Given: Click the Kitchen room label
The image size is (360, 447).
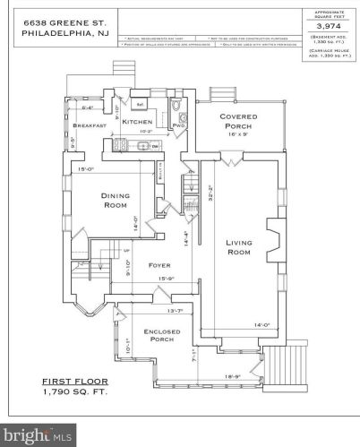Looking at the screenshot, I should point(137,122).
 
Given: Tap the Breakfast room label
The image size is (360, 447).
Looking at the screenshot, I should point(90,126).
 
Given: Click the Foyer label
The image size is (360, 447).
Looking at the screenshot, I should point(159,265).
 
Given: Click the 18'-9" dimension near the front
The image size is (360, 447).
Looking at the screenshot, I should point(231,376).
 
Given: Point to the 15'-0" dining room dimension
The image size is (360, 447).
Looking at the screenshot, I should point(86,168).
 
